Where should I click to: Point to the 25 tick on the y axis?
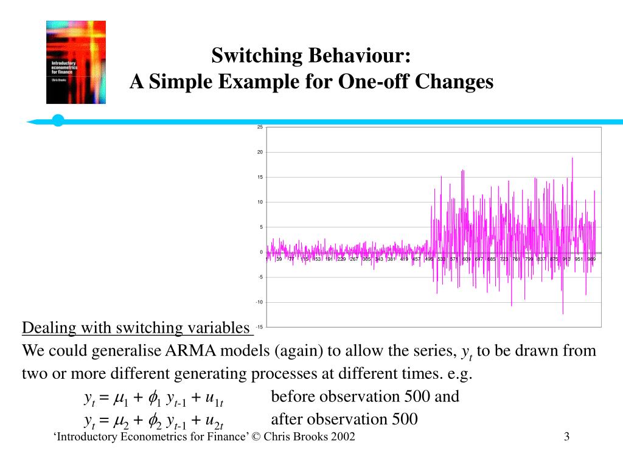click(260, 127)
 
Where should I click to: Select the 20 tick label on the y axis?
click(260, 152)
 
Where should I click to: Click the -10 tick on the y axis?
click(259, 302)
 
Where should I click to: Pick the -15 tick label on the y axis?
click(259, 327)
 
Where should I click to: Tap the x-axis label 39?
click(279, 260)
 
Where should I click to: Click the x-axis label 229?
click(341, 260)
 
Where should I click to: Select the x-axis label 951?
click(579, 260)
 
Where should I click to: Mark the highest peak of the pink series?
click(573, 157)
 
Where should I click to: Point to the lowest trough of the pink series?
click(563, 314)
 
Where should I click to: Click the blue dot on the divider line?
click(58, 120)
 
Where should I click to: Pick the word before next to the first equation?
click(294, 397)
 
